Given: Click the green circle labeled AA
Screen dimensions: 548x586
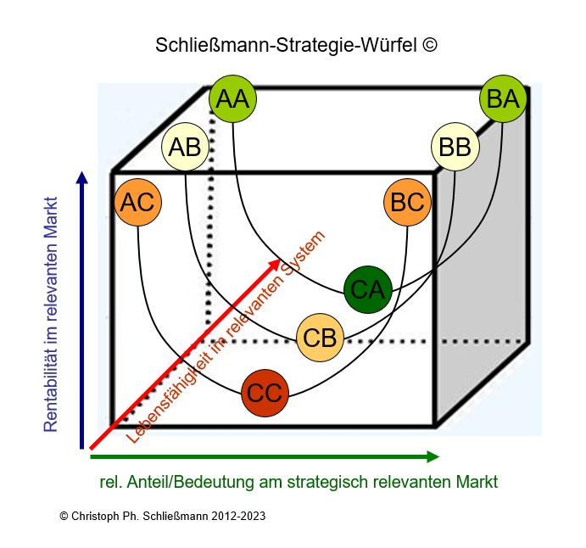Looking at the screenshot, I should pyautogui.click(x=232, y=99).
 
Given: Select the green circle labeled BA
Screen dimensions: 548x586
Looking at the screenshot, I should pyautogui.click(x=503, y=99).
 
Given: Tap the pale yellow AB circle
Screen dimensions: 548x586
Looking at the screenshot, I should pyautogui.click(x=185, y=147).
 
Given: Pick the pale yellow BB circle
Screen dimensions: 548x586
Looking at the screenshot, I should pyautogui.click(x=455, y=147).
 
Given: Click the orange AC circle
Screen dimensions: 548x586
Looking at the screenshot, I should pyautogui.click(x=137, y=203).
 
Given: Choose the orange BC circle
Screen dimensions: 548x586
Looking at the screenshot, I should pyautogui.click(x=408, y=203).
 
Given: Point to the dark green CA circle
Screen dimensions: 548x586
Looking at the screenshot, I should pyautogui.click(x=367, y=289).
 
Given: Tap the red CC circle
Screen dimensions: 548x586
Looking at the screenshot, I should pyautogui.click(x=265, y=393).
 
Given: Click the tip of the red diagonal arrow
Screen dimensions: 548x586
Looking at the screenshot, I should pyautogui.click(x=279, y=260).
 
